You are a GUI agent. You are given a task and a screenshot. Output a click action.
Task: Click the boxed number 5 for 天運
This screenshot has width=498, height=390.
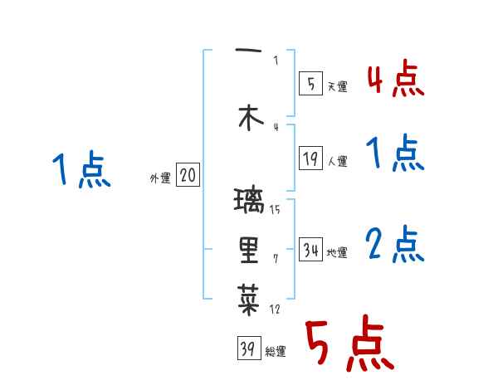click(x=310, y=83)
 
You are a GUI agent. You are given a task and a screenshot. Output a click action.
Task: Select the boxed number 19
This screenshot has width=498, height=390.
click(x=310, y=158)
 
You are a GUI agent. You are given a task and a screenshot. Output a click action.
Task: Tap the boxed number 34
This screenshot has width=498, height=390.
click(x=311, y=250)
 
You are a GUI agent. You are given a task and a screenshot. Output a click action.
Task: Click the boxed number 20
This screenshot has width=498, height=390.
click(x=188, y=175)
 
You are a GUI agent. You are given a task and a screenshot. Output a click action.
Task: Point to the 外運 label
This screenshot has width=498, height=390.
click(x=160, y=177)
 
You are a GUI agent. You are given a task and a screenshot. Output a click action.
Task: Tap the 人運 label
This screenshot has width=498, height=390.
click(x=337, y=161)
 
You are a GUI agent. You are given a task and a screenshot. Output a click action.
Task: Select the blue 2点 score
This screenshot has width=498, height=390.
click(x=395, y=245)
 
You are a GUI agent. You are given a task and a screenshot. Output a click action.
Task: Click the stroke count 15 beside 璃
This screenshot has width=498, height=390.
click(x=275, y=208)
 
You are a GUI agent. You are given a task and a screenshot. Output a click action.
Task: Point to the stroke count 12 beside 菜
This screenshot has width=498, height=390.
click(x=275, y=309)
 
